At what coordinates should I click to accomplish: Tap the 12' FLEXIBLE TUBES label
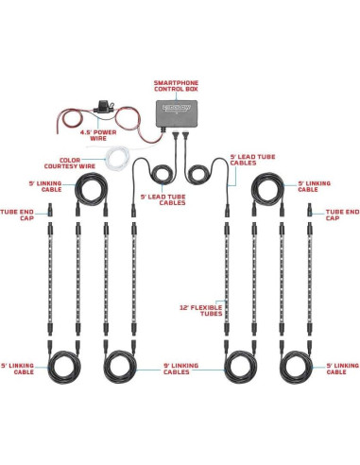click(200, 310)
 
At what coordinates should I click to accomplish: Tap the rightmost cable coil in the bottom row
click(301, 363)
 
